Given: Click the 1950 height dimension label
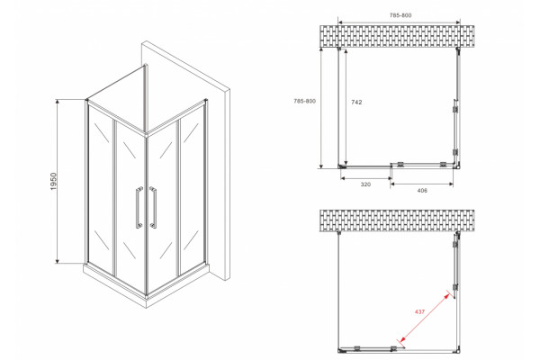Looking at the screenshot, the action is pos(54,182).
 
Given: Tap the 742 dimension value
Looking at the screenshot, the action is pos(356,103).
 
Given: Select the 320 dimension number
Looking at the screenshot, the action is pos(365,184).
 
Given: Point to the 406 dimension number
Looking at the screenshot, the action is pos(422,191).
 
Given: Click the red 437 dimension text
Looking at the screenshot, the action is pos(419,311).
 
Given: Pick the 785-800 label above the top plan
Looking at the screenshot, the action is pos(400,15).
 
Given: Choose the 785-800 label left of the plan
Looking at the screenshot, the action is pos(304,102).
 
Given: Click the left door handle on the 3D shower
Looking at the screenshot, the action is pos(139,207).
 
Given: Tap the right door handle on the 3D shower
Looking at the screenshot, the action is pos(153,207).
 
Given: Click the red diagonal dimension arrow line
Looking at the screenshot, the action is pos(424,318).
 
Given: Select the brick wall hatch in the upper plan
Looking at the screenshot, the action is pos(397,37).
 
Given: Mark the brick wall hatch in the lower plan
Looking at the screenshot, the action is pos(397,220).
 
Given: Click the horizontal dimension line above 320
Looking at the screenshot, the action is pos(365,178).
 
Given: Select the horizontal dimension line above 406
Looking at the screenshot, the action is pos(422,184).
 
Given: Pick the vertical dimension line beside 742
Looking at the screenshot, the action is pos(346,107).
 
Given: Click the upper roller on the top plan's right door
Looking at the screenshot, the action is pos(455,109).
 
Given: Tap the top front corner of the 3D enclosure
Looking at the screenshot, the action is pos(147,134).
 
